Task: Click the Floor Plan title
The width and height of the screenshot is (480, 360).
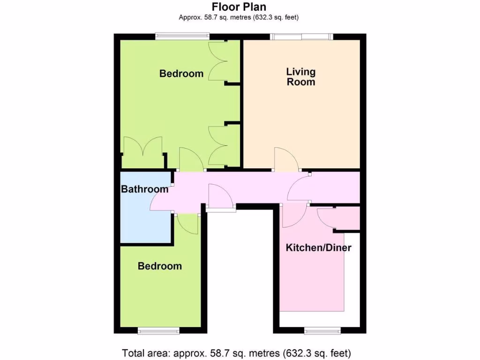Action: pyautogui.click(x=239, y=7)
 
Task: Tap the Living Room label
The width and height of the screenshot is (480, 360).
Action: pyautogui.click(x=301, y=77)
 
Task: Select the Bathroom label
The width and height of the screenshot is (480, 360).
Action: pyautogui.click(x=145, y=189)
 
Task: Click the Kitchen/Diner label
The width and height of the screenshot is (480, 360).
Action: pyautogui.click(x=319, y=248)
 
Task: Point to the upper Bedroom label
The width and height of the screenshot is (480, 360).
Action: pyautogui.click(x=181, y=74)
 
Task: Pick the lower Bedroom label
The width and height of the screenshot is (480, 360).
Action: pyautogui.click(x=160, y=266)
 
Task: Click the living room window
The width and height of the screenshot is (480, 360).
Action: pyautogui.click(x=301, y=37)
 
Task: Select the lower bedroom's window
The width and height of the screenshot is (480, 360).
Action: pyautogui.click(x=158, y=331)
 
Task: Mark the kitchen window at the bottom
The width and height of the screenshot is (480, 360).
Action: pyautogui.click(x=322, y=331)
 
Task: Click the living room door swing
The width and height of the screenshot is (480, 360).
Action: pyautogui.click(x=286, y=159)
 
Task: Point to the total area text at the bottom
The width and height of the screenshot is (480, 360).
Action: pyautogui.click(x=237, y=352)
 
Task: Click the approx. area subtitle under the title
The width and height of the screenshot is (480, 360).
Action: pyautogui.click(x=239, y=18)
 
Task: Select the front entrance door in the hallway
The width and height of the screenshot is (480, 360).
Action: pyautogui.click(x=220, y=197)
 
